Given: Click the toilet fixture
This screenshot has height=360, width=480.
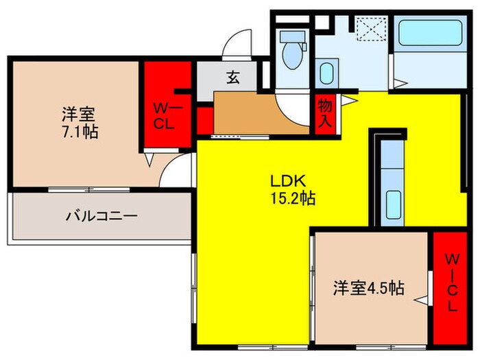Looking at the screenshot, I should coord(293,51).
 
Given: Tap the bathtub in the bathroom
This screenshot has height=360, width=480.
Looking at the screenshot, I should coord(430,33).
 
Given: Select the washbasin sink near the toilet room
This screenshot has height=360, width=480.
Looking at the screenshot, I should coord(328,73).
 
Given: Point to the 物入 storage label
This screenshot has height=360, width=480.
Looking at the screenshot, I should coord(326,112).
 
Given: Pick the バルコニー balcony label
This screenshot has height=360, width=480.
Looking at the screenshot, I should coord(101,216).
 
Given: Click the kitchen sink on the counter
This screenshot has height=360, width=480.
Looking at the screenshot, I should coord(393,204).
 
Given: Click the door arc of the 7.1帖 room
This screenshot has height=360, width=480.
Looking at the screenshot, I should coord(174,171).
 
